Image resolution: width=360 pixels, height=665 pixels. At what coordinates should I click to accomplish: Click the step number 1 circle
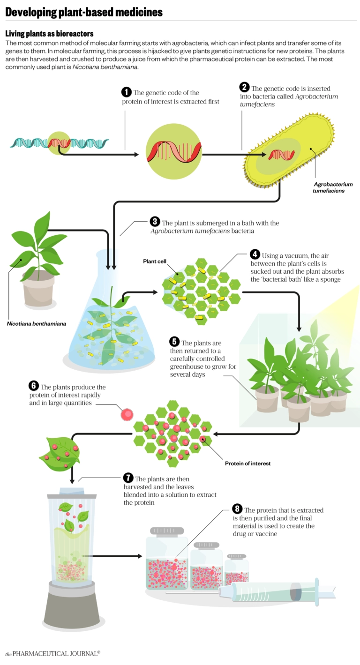click(126, 92)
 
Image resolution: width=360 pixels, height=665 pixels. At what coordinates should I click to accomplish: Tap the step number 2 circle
click(244, 87)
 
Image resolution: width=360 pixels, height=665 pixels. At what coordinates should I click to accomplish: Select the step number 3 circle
click(155, 222)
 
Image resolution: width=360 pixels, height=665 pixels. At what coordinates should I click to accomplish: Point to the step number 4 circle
click(255, 254)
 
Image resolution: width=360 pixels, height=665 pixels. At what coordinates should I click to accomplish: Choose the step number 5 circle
click(174, 342)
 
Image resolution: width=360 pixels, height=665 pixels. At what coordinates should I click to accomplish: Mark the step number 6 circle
click(34, 386)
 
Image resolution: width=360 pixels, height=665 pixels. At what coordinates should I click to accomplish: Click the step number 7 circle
click(128, 478)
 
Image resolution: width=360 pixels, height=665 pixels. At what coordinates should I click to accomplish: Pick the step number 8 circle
click(237, 509)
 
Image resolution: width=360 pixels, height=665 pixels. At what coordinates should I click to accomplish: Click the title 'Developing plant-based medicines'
click(84, 12)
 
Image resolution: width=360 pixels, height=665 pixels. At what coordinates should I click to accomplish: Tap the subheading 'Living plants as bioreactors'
click(49, 34)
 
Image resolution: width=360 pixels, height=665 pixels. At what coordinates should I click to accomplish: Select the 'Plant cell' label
click(155, 261)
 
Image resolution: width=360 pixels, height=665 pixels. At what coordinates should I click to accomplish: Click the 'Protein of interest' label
click(247, 463)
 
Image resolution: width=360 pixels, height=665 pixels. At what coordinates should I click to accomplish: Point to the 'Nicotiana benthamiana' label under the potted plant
click(37, 323)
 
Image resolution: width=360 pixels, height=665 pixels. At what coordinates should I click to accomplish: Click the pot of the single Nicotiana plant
click(38, 288)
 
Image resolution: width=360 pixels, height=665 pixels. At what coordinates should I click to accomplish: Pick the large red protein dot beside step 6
click(127, 415)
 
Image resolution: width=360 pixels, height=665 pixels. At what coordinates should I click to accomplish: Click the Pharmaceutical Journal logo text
click(53, 654)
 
